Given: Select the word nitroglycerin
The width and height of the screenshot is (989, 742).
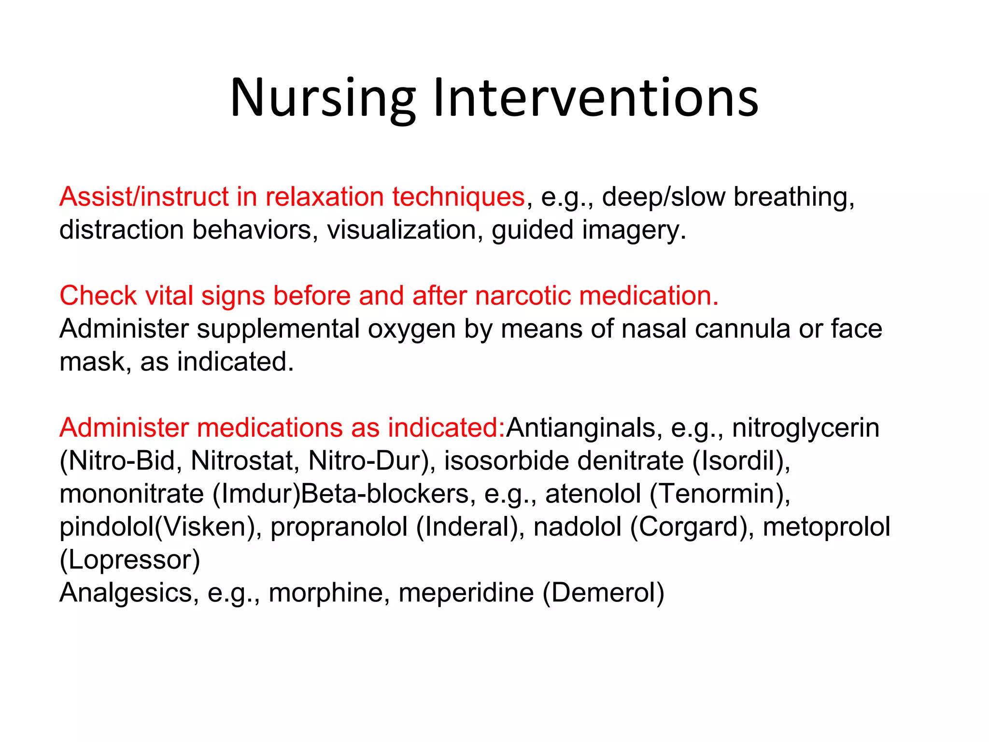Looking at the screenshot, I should coord(805,428).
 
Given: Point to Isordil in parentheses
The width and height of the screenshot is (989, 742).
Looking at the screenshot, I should coord(742,460).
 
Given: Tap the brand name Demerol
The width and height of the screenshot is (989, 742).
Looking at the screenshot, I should coord(603,593).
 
